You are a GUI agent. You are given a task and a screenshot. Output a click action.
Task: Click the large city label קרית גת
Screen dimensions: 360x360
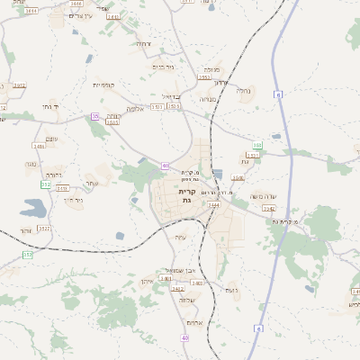[x=186, y=196]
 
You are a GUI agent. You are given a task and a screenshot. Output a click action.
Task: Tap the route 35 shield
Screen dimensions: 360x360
[x=94, y=116]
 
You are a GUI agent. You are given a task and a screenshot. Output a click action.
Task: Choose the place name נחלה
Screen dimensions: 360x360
[x=244, y=90]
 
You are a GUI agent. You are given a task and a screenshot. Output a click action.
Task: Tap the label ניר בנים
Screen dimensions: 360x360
[x=163, y=66]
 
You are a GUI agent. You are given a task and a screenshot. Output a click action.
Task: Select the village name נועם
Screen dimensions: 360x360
[x=230, y=290]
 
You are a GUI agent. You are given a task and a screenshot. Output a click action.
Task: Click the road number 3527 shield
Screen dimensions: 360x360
[x=44, y=229]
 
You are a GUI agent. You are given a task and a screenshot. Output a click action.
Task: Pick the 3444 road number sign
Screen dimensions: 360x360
[x=213, y=205]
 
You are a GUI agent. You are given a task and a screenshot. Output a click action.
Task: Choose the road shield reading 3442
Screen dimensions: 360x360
[x=267, y=208]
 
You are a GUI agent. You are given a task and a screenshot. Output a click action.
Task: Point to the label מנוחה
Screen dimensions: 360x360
[x=208, y=101]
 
